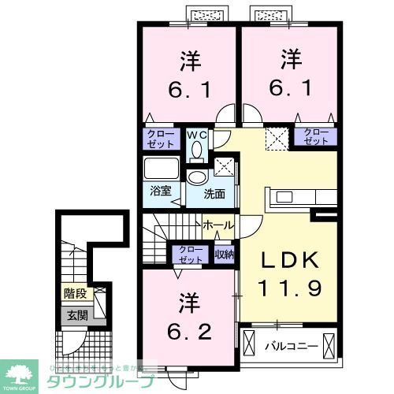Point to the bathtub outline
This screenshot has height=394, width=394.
162,170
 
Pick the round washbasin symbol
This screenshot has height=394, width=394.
194,177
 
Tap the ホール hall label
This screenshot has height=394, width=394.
217,225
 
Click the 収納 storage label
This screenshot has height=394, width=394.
224,254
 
